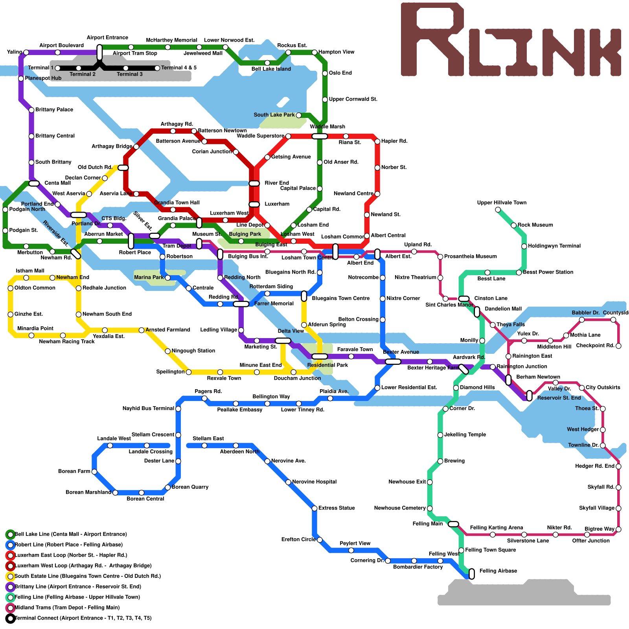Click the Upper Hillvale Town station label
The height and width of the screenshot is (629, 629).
501,202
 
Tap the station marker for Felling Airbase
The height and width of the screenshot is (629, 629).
472,574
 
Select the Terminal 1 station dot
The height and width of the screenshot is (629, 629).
57,68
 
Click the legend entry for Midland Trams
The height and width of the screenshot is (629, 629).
67,608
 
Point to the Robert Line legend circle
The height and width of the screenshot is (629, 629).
11,545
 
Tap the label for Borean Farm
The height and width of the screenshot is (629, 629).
74,471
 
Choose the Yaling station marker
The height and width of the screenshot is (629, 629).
26,52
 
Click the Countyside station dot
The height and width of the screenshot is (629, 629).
613,320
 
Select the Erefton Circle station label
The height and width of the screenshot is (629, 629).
298,539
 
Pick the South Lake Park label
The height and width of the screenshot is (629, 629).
274,115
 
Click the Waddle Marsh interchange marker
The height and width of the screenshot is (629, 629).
320,136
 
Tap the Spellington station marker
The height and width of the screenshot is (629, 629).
189,372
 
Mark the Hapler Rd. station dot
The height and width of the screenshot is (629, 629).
377,142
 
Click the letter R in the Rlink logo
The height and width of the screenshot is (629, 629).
432,39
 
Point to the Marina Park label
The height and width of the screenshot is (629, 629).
149,277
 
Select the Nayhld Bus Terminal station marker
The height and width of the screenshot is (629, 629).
178,409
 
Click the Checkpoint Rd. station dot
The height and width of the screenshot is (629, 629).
618,346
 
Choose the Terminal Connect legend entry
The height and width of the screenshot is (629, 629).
83,618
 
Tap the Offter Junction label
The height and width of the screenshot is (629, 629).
591,541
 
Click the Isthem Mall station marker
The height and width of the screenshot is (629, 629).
26,278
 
